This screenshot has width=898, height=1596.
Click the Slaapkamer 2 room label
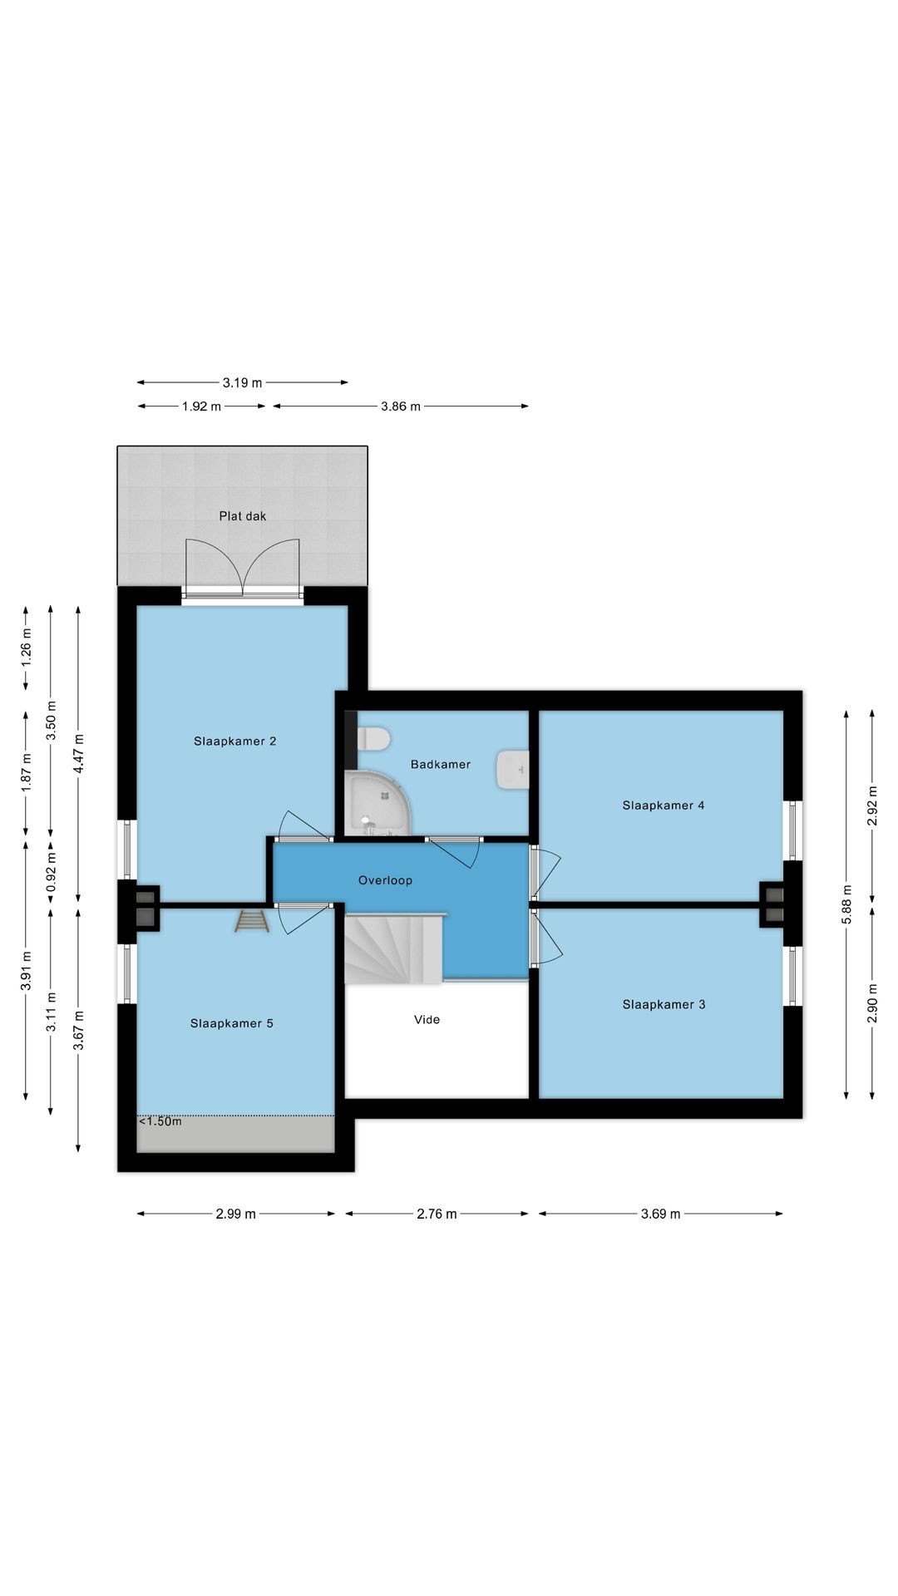pyautogui.click(x=234, y=741)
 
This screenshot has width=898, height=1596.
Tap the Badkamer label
pyautogui.click(x=441, y=765)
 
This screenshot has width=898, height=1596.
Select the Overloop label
pyautogui.click(x=385, y=880)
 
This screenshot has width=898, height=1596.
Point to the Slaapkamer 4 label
pyautogui.click(x=664, y=805)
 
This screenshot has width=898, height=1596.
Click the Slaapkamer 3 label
pyautogui.click(x=664, y=1005)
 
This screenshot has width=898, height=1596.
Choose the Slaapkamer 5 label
pyautogui.click(x=231, y=1024)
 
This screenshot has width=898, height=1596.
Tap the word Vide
pyautogui.click(x=427, y=1020)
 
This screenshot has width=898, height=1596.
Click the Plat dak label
pyautogui.click(x=243, y=516)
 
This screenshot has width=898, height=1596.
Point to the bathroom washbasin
pyautogui.click(x=512, y=770)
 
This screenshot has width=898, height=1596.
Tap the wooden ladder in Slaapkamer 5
pyautogui.click(x=252, y=921)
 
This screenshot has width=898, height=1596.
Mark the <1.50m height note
pyautogui.click(x=160, y=1121)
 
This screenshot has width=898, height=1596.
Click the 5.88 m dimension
pyautogui.click(x=846, y=904)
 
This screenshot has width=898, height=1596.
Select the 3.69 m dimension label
pyautogui.click(x=660, y=1214)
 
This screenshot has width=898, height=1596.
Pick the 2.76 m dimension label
pyautogui.click(x=437, y=1214)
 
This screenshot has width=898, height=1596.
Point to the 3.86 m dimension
pyautogui.click(x=401, y=406)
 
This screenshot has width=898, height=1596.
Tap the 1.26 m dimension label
pyautogui.click(x=26, y=648)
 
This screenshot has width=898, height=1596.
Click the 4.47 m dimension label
pyautogui.click(x=78, y=754)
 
